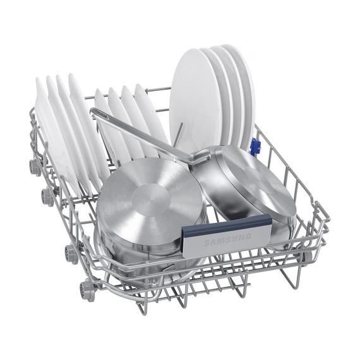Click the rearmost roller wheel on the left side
point(35,165)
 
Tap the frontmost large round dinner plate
point(196,101)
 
